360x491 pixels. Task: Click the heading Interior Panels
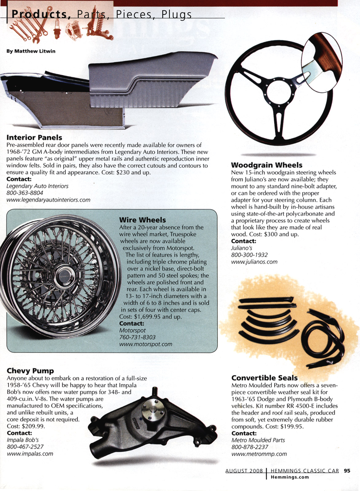pyautogui.click(x=34, y=138)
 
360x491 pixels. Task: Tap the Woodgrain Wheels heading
pyautogui.click(x=266, y=165)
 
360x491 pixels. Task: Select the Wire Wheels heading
pyautogui.click(x=142, y=220)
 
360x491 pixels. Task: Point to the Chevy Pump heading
pyautogui.click(x=30, y=371)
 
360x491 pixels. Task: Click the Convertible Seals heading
pyautogui.click(x=264, y=378)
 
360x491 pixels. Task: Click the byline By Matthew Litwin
pyautogui.click(x=31, y=51)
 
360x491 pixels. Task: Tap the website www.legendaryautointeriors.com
pyautogui.click(x=48, y=200)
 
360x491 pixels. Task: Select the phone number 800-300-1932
pyautogui.click(x=249, y=255)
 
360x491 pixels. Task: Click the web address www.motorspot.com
pyautogui.click(x=145, y=344)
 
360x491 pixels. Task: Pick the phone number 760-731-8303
pyautogui.click(x=137, y=337)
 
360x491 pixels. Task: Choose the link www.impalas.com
pyautogui.click(x=30, y=454)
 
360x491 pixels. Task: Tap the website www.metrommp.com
pyautogui.click(x=259, y=454)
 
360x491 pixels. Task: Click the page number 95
pyautogui.click(x=347, y=471)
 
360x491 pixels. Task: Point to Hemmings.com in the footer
pyautogui.click(x=289, y=477)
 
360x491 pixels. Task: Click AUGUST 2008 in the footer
pyautogui.click(x=244, y=471)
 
